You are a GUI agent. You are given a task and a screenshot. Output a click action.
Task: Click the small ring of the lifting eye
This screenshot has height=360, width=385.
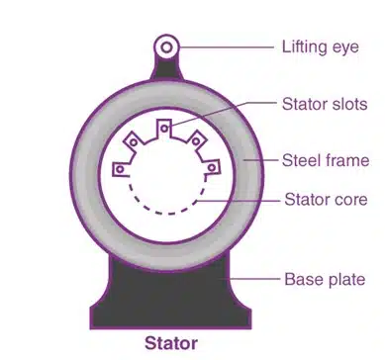[x=167, y=45]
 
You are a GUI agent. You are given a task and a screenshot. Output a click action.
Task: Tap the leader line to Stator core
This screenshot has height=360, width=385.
[x=242, y=199]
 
